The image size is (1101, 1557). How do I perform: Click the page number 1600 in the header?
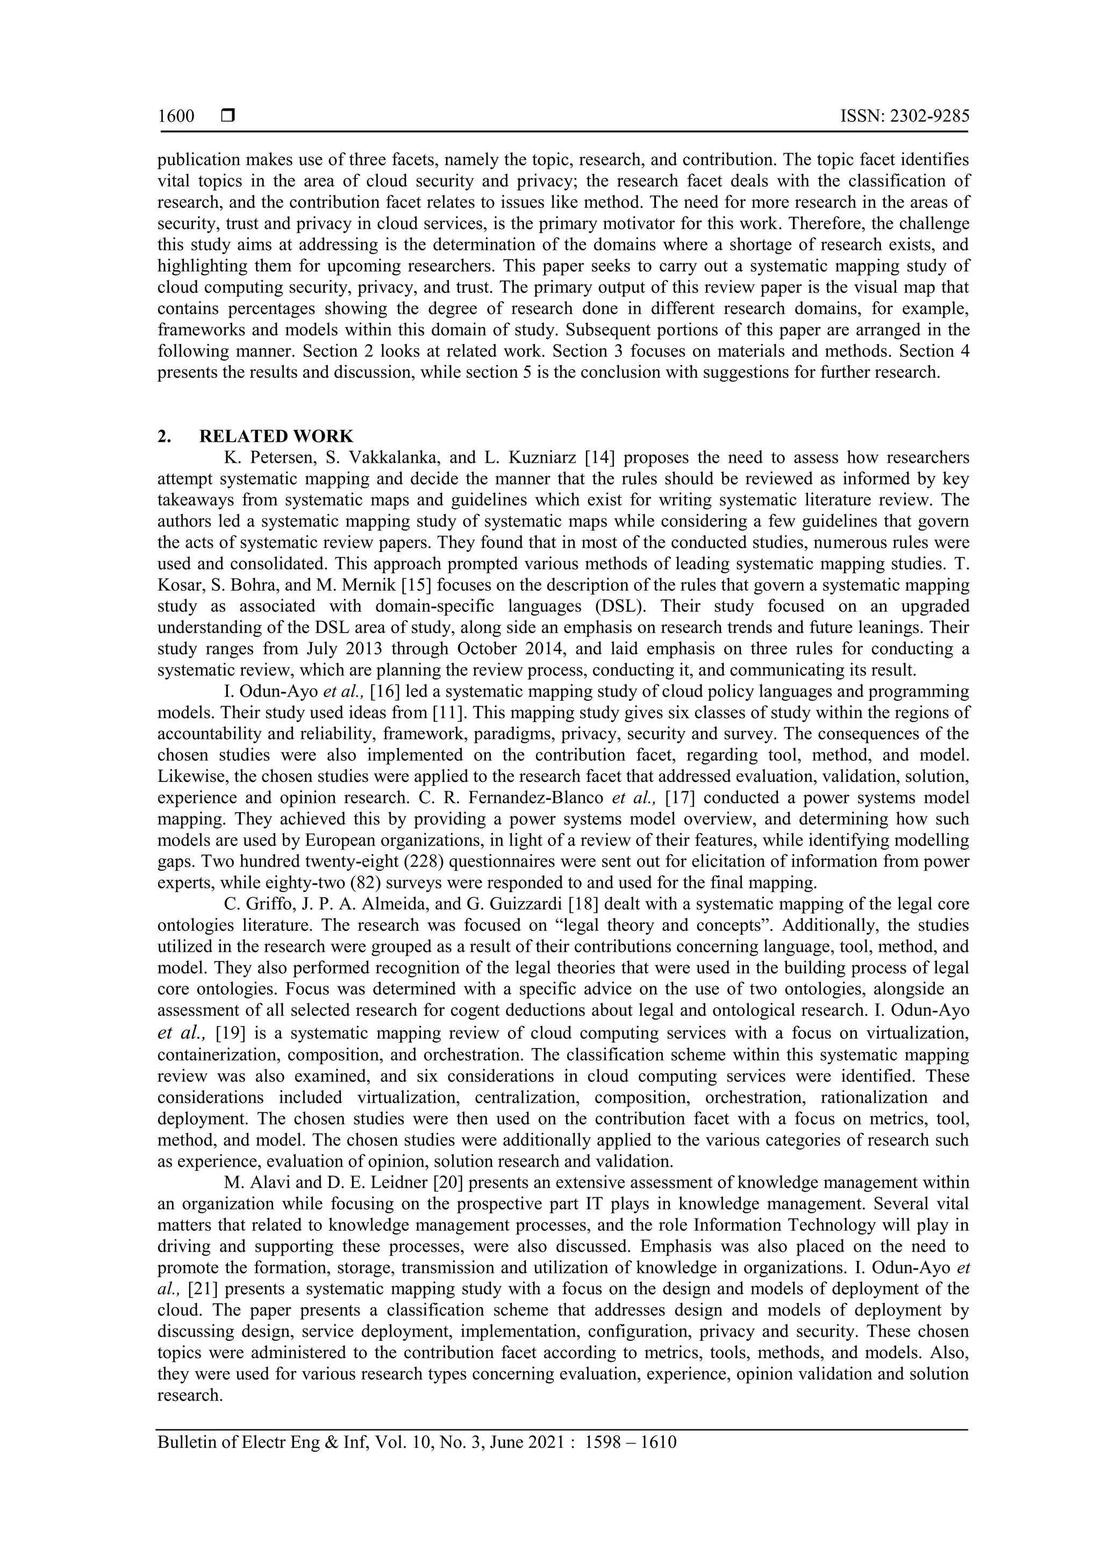[x=176, y=117]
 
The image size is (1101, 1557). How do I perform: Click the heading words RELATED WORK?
[x=276, y=436]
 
